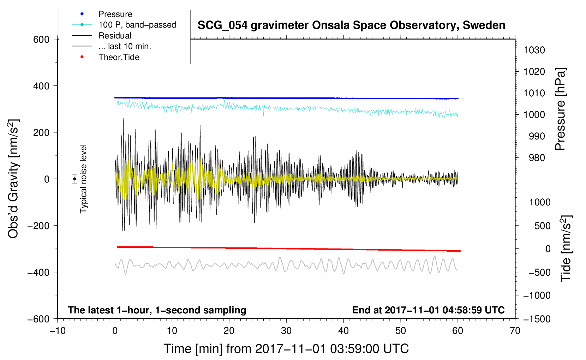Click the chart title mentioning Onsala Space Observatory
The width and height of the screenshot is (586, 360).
(351, 25)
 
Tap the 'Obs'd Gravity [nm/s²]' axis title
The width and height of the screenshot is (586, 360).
(13, 179)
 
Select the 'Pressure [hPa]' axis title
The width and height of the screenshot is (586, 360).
(560, 109)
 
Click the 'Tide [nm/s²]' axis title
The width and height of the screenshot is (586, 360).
(566, 248)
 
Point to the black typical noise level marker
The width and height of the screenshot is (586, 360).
(74, 179)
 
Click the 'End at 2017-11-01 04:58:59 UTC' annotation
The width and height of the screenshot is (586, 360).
(428, 310)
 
